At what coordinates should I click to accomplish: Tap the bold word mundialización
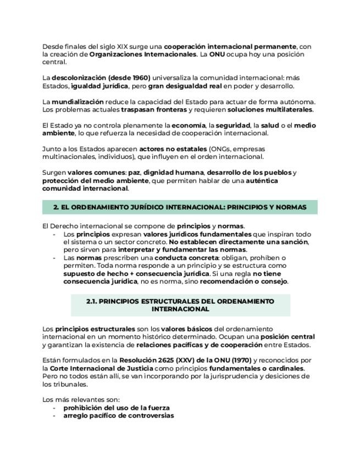tap(77, 102)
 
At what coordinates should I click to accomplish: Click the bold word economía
tap(188, 125)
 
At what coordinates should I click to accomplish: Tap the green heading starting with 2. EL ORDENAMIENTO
tap(180, 207)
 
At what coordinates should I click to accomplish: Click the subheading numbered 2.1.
tap(180, 305)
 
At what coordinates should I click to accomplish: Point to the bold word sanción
tap(294, 242)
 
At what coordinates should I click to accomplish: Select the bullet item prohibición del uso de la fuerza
tap(117, 408)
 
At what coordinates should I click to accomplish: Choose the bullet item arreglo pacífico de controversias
tap(119, 415)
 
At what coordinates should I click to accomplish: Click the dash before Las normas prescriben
tap(54, 258)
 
